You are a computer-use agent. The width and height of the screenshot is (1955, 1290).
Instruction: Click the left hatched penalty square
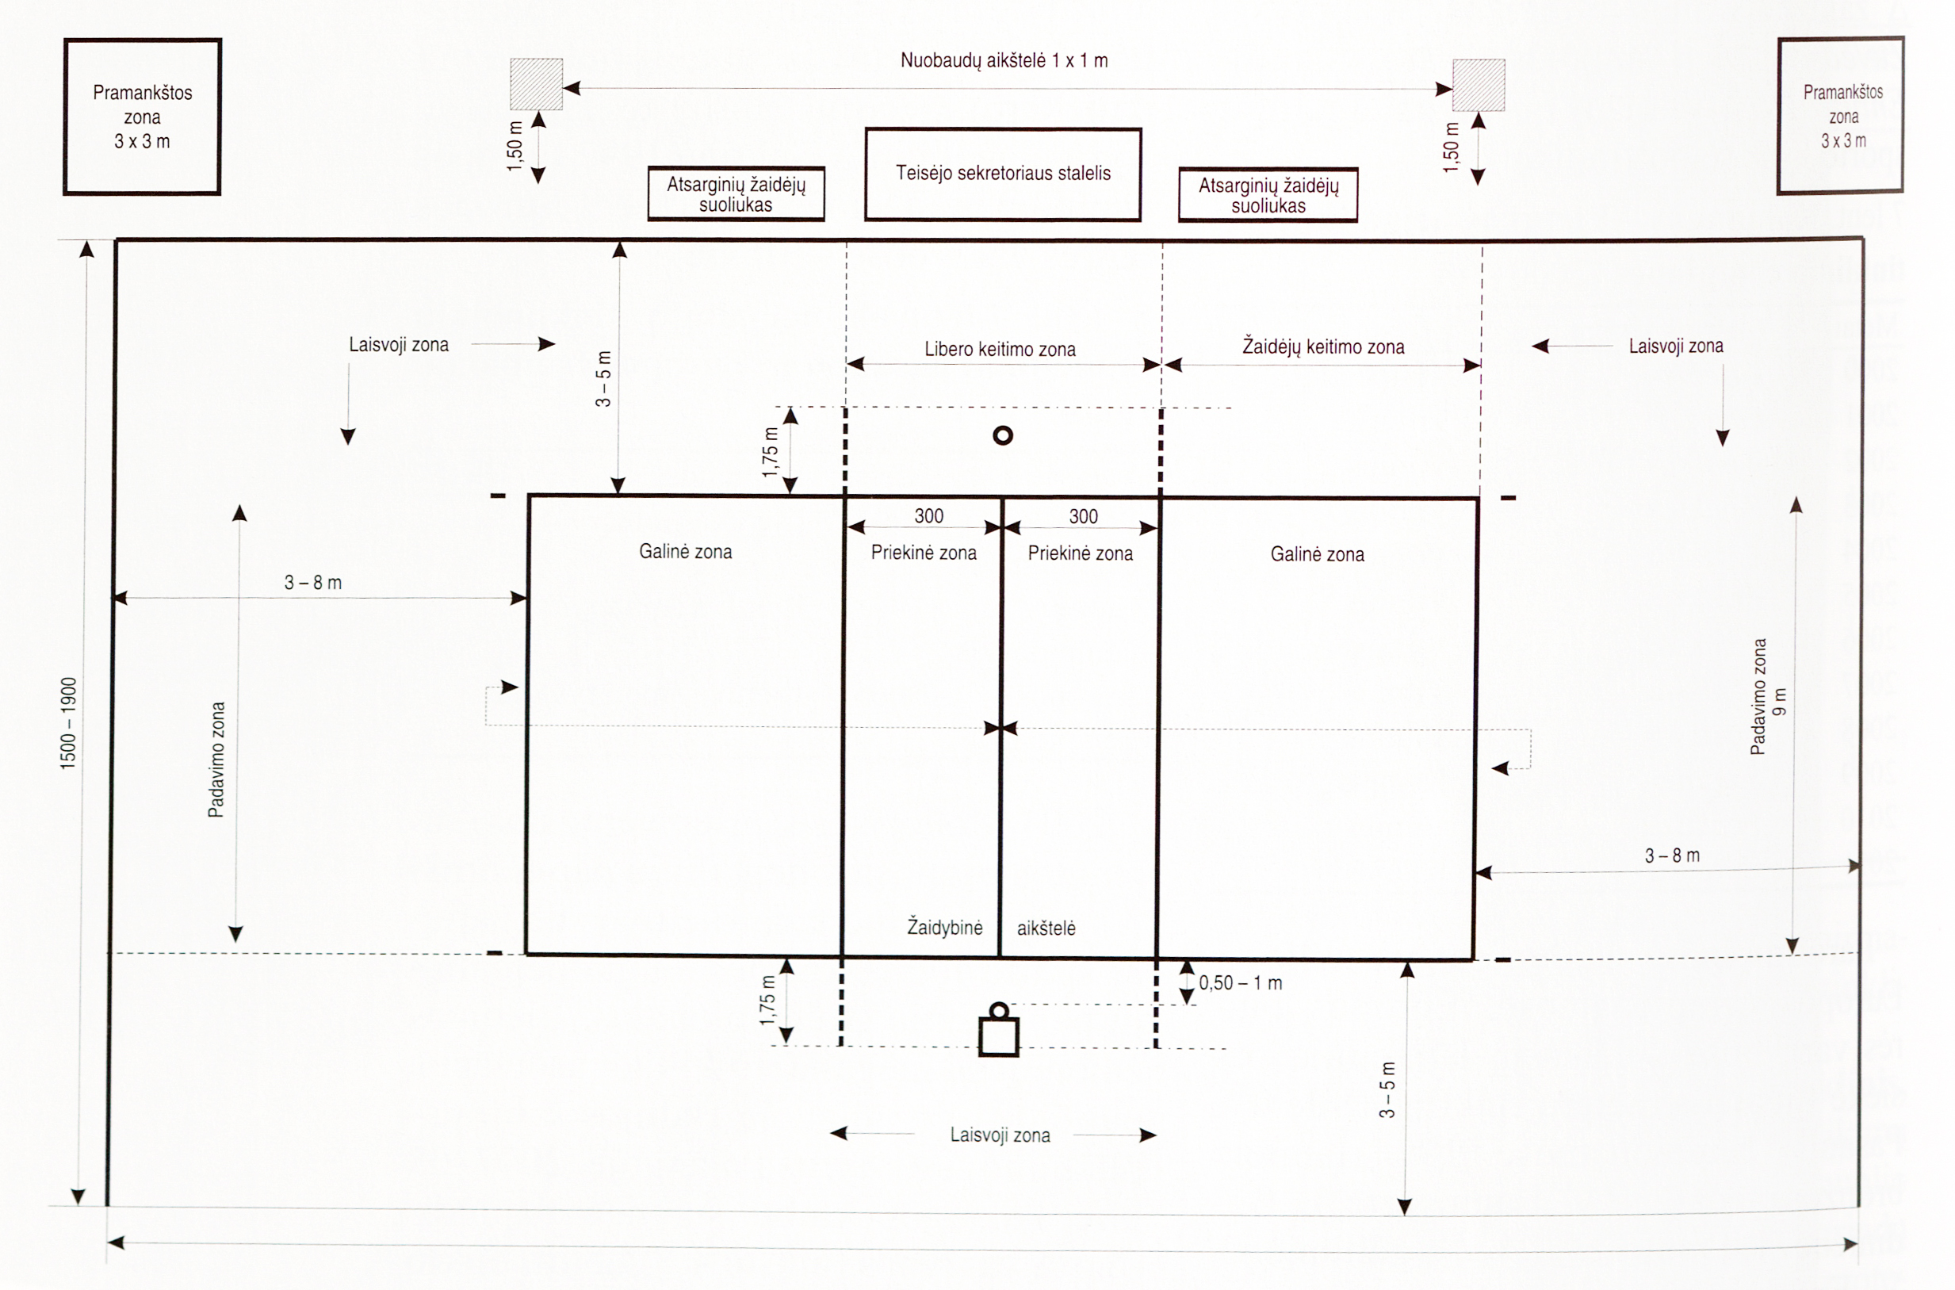[536, 84]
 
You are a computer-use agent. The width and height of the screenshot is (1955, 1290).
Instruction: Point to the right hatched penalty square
[1478, 85]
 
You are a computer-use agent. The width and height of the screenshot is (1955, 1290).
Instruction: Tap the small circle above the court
[1003, 435]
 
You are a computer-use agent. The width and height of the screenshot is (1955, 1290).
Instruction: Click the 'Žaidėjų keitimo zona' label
[1322, 346]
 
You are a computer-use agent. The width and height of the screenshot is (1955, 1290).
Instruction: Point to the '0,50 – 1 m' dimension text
[1240, 982]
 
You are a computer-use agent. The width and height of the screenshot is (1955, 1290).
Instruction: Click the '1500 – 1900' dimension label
[68, 723]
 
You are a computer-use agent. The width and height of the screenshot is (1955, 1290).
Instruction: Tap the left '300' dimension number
[928, 516]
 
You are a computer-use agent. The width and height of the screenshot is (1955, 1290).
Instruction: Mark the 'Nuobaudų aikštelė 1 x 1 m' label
[1004, 60]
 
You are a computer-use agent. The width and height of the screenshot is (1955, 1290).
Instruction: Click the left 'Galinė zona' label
[685, 551]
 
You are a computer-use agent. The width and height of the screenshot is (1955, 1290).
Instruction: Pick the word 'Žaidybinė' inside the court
[944, 926]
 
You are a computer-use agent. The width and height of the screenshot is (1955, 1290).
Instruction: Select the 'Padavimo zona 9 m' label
[1766, 697]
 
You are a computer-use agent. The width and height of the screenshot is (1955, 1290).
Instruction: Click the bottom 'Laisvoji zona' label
[1000, 1135]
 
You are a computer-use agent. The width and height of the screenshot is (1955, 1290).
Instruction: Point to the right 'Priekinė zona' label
[1080, 553]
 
